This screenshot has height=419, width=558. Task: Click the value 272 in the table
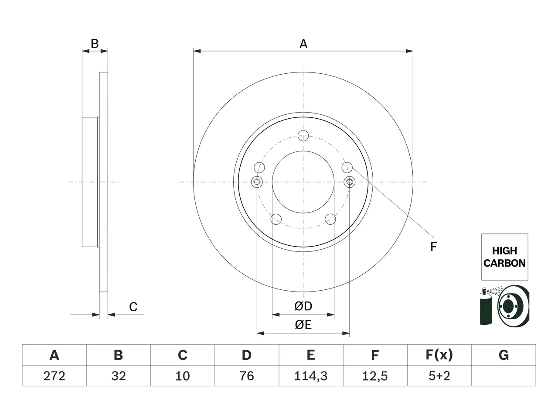[x=54, y=376]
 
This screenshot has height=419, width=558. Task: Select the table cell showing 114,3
[x=311, y=376]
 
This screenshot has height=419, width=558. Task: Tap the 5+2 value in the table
[x=439, y=376]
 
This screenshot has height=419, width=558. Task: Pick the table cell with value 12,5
[x=375, y=376]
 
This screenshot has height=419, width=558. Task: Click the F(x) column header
[x=439, y=355]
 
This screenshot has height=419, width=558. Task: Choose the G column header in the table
[x=504, y=355]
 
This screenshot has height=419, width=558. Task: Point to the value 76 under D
[x=247, y=376]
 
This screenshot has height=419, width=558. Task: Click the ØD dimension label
[x=303, y=306]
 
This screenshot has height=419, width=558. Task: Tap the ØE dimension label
[x=303, y=325]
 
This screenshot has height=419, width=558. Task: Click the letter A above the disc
[x=303, y=44]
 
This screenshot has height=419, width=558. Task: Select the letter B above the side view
[x=95, y=44]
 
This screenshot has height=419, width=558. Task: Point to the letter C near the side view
[x=133, y=307]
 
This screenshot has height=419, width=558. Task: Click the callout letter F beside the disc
[x=433, y=247]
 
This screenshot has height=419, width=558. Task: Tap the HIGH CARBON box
[x=505, y=257]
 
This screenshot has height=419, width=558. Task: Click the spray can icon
[x=486, y=306]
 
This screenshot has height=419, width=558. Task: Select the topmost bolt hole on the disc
[x=303, y=136]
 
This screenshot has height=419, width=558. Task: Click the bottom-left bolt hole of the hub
[x=276, y=219]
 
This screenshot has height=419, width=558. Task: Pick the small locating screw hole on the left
[x=257, y=182]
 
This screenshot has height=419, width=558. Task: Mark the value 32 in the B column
[x=119, y=376]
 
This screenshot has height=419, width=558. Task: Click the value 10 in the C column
[x=183, y=376]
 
